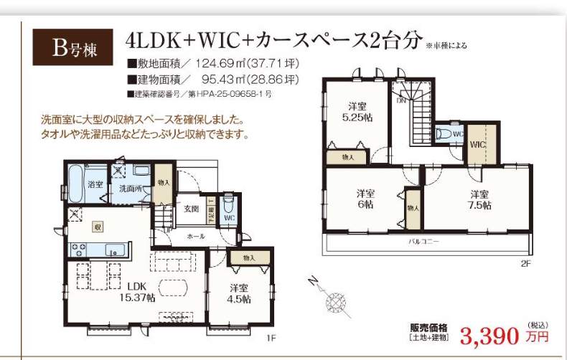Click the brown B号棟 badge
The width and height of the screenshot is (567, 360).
point(72,48)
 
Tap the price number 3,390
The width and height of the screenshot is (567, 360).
point(491,336)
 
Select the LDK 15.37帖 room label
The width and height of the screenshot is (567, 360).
point(136,293)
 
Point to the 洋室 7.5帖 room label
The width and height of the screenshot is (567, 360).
point(480,199)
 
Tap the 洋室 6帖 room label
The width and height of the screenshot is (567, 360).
point(365,199)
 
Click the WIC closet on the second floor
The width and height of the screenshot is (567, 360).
point(477,144)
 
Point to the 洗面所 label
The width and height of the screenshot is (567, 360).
point(130,189)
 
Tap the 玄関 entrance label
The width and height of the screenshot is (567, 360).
point(191,209)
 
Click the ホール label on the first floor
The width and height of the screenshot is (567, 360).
point(196,236)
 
